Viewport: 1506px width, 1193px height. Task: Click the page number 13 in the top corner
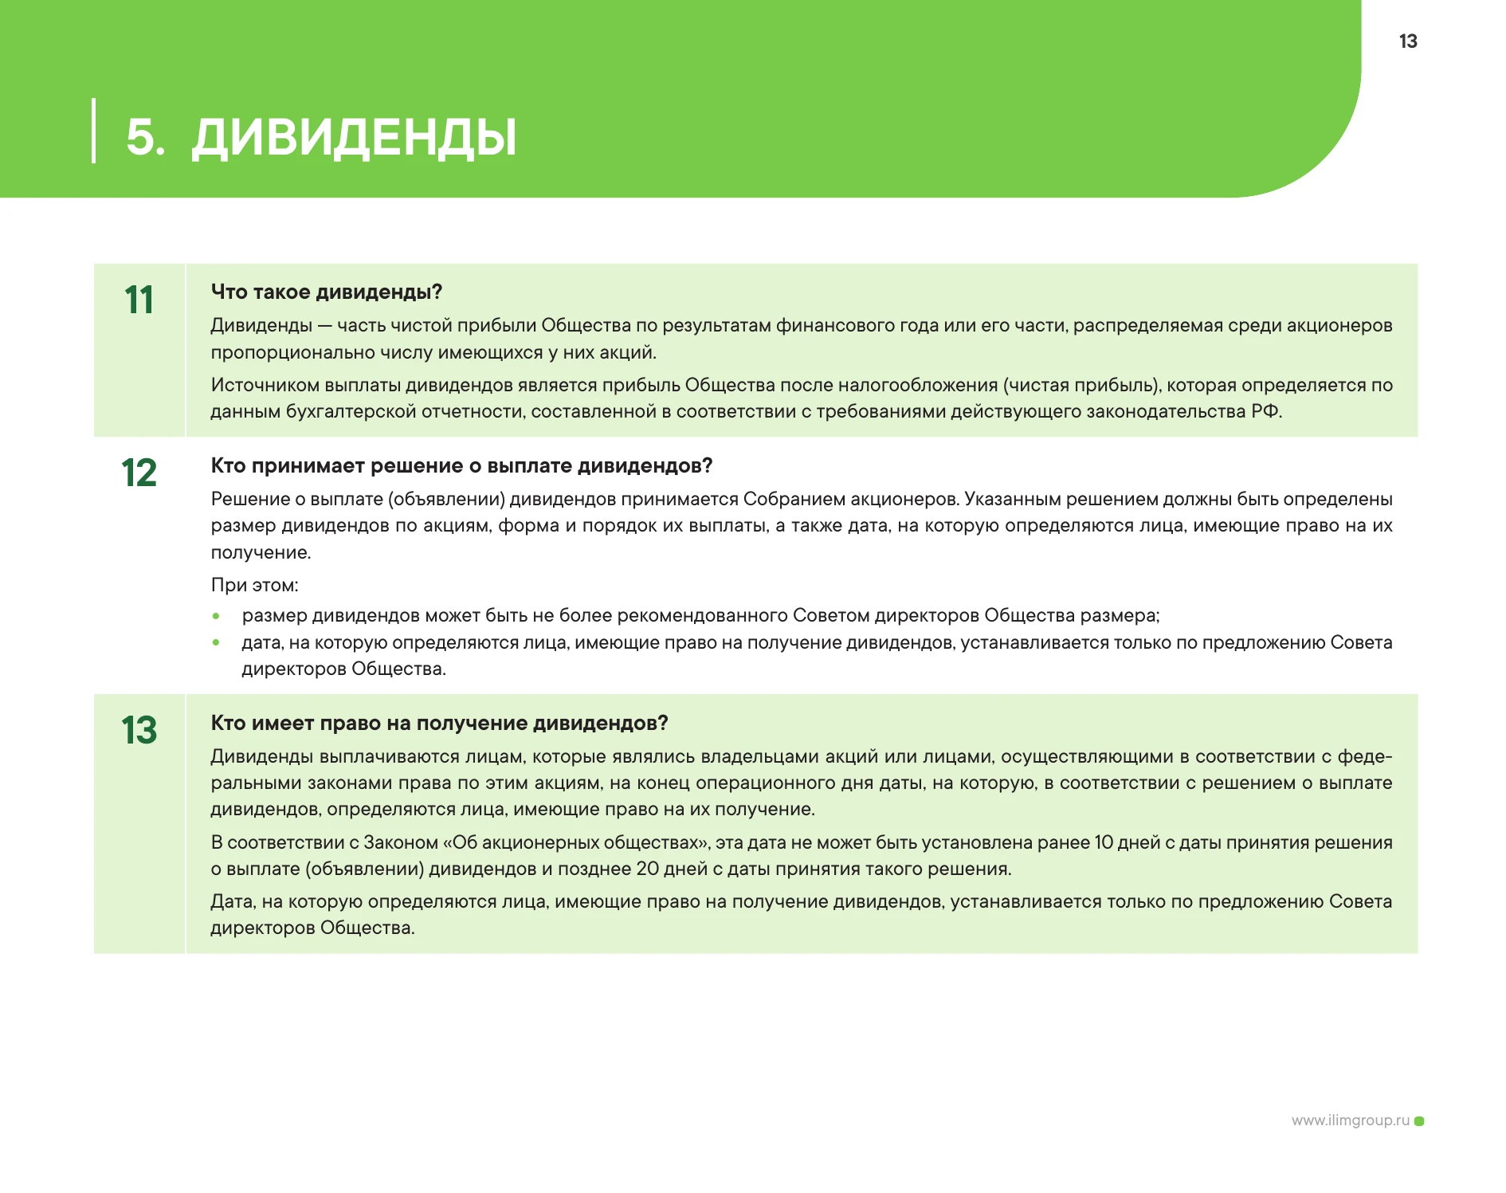click(x=1407, y=41)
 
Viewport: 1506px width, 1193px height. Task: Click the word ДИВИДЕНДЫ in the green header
click(x=354, y=137)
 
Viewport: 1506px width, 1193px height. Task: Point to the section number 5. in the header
click(x=145, y=137)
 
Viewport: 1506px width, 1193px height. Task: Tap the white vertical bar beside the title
click(x=94, y=131)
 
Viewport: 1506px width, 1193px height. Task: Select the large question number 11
click(x=139, y=300)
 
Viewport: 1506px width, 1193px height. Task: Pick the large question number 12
click(x=139, y=473)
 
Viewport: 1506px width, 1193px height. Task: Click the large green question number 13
click(x=139, y=731)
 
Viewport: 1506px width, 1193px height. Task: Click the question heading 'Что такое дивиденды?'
click(x=326, y=292)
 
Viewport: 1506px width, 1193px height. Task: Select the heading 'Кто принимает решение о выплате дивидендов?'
click(x=461, y=465)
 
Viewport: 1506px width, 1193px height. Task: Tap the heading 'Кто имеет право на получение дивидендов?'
click(x=439, y=723)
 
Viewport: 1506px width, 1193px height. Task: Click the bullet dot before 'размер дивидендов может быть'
click(x=216, y=616)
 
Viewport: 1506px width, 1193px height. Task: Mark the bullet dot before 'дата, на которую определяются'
click(x=216, y=642)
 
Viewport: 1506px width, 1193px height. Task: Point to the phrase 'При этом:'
click(x=254, y=585)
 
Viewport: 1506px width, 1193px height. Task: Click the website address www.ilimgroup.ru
click(x=1350, y=1120)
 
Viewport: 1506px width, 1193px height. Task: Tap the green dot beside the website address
click(x=1419, y=1121)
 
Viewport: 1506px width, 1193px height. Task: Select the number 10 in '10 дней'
click(x=1104, y=842)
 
